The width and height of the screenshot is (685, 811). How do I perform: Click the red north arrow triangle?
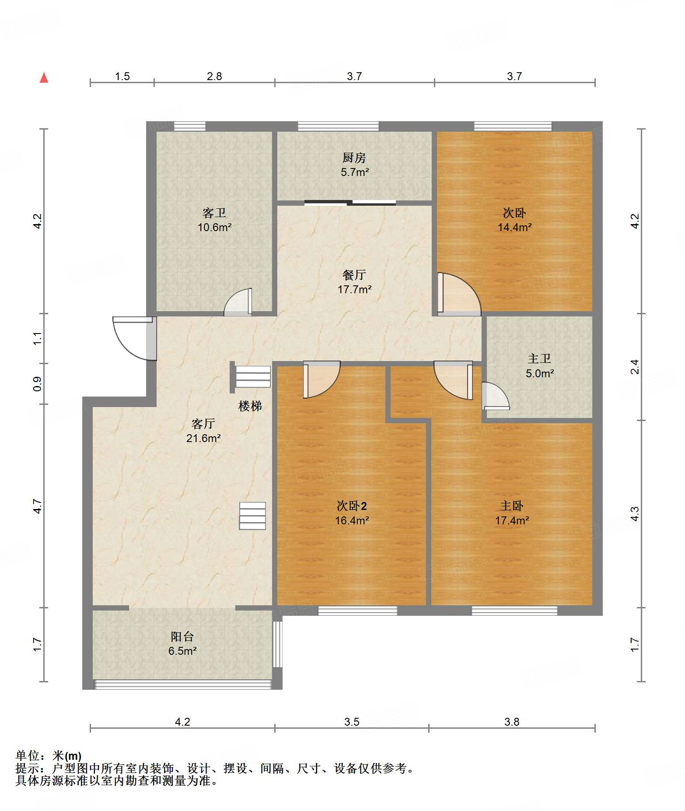pos(44,77)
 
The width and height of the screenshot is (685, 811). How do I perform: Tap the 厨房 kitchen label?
pos(354,158)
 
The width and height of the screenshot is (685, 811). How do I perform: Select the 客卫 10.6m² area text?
pos(214,228)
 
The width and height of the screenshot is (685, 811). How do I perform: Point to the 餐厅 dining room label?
pos(354,275)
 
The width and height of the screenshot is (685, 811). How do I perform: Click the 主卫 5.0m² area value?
pos(540,373)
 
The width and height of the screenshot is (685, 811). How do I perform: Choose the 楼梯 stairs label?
pos(250,406)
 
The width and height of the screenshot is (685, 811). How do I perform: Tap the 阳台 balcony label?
pos(182,637)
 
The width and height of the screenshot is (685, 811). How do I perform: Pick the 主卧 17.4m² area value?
pos(512,520)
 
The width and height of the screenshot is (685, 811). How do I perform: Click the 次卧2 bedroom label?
pos(352,506)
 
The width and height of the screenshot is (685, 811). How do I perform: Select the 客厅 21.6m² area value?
pos(203,438)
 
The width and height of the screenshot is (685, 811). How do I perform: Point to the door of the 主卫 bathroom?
pos(496,396)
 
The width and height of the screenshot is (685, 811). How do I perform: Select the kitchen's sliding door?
pos(350,203)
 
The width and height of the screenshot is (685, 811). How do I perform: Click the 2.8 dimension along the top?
pos(214,77)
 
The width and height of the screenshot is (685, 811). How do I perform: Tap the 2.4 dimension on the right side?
pos(635,367)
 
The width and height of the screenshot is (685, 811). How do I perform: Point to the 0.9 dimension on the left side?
pos(38,384)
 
